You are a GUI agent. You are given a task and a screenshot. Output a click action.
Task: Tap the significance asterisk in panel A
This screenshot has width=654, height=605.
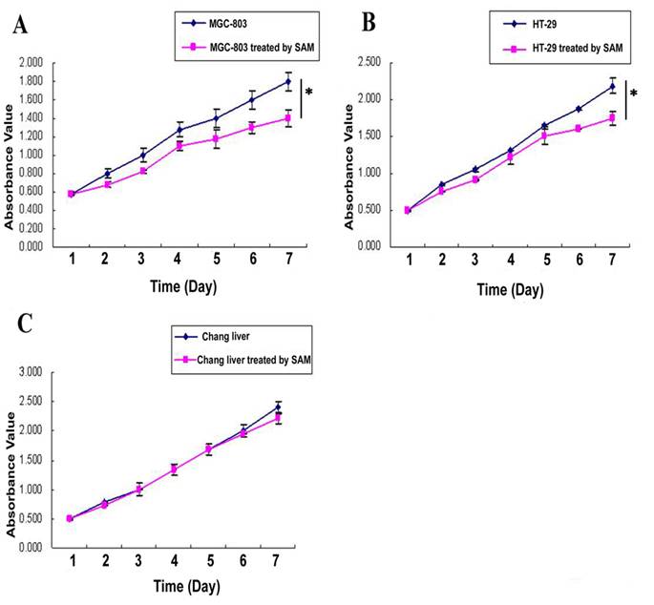pyautogui.click(x=308, y=93)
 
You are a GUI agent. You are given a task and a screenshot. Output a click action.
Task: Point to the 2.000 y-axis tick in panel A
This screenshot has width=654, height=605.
pyautogui.click(x=29, y=63)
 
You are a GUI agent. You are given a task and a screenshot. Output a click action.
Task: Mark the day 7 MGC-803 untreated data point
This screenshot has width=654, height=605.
pyautogui.click(x=287, y=82)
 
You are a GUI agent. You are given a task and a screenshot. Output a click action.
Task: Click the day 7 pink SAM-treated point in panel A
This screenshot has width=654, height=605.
pyautogui.click(x=287, y=118)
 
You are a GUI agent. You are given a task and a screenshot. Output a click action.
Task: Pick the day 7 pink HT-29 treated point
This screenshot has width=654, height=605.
pyautogui.click(x=612, y=117)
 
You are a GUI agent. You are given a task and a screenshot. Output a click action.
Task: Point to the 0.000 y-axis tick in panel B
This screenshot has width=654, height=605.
pyautogui.click(x=366, y=246)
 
